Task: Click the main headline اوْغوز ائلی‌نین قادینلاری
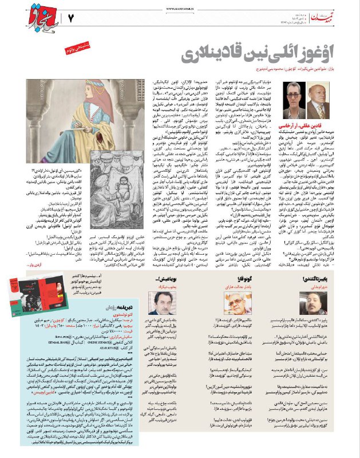(250, 55)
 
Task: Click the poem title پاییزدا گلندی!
(329, 280)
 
